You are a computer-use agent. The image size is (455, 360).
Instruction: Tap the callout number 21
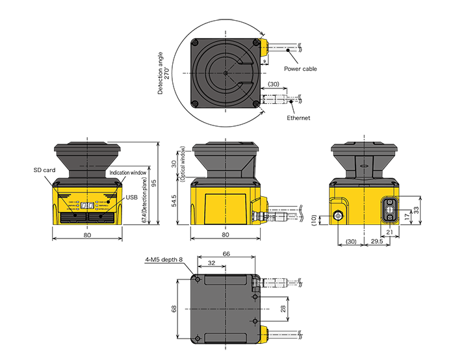click(389, 232)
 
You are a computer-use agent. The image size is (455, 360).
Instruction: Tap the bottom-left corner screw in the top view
click(195, 105)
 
